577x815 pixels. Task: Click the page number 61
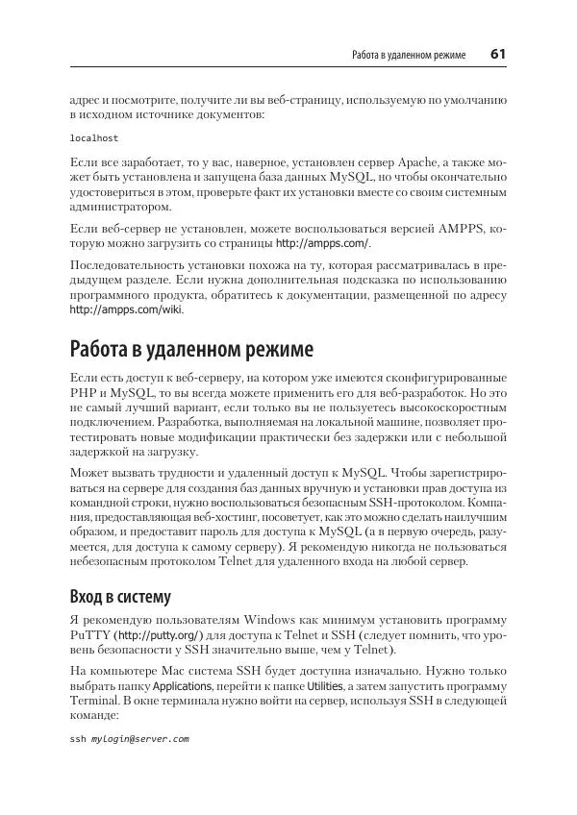(497, 55)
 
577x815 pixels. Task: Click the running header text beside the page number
(410, 56)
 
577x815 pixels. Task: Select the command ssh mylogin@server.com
(129, 740)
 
